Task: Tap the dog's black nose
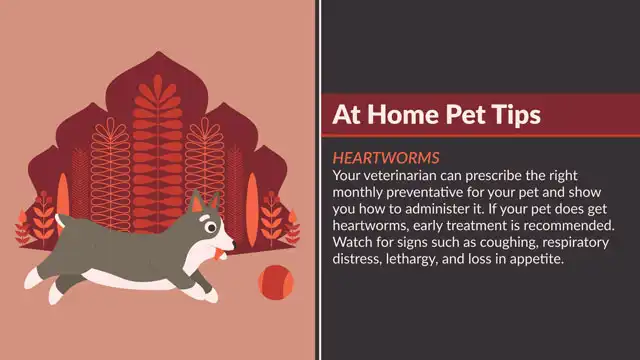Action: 233,240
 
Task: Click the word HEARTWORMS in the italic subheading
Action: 386,159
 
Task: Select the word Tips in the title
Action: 516,115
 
